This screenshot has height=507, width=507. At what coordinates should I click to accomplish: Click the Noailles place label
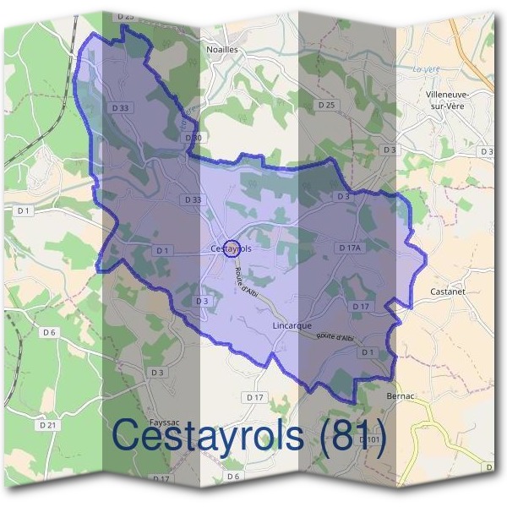point(222,50)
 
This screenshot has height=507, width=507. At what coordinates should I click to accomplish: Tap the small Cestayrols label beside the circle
point(230,249)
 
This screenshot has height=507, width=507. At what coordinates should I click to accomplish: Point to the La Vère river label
point(428,68)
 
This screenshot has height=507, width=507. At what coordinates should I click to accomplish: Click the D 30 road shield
point(193,137)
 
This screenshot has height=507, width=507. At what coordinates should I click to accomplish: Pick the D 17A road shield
point(349,248)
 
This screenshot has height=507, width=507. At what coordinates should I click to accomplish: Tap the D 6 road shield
point(49,332)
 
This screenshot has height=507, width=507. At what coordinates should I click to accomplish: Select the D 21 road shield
point(48,425)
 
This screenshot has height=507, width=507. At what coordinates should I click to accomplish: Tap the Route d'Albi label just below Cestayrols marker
point(250,281)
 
